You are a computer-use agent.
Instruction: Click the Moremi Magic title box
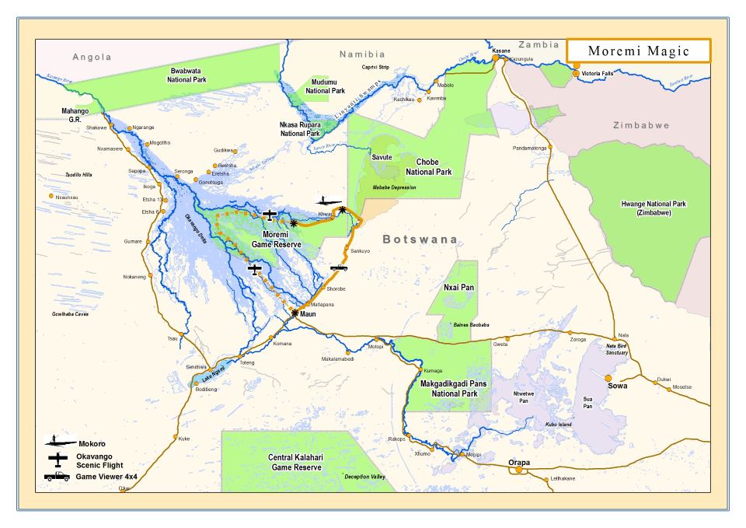point(639,51)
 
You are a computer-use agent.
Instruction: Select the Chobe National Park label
point(428,167)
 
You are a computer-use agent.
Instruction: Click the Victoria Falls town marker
point(575,74)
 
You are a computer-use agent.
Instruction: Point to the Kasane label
point(501,51)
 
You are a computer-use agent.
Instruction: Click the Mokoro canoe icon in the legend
point(59,442)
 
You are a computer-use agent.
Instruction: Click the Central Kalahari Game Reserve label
point(295,463)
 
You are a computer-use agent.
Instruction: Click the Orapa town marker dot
point(518,470)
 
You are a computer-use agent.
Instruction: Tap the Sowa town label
point(618,386)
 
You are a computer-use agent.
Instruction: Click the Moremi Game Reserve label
point(275,239)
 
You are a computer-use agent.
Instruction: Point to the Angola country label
point(92,57)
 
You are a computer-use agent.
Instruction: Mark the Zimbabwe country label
point(641,125)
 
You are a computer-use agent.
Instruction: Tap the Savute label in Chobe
point(382,157)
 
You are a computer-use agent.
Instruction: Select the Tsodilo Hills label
point(78,174)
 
